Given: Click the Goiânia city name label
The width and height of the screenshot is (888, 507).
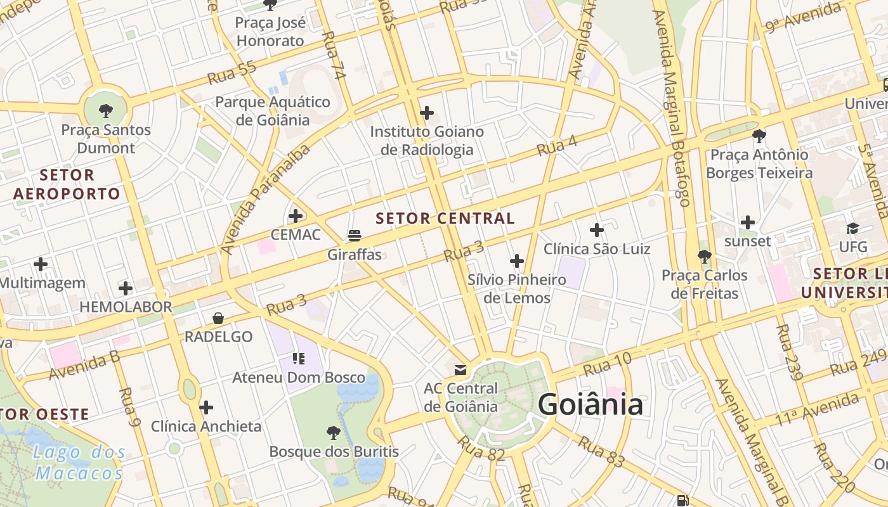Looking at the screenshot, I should point(591,404).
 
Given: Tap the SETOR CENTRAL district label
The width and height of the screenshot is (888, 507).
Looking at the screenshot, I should point(445,219).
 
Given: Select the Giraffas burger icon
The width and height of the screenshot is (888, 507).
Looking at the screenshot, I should point(355,236).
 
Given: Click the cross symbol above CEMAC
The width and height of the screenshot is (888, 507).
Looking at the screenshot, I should point(296,216).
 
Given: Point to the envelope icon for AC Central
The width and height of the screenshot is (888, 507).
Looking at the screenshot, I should point(460,369).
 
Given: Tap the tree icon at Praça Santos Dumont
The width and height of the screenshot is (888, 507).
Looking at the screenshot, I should point(106,111).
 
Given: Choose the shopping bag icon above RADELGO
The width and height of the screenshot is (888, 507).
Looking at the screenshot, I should point(218,318).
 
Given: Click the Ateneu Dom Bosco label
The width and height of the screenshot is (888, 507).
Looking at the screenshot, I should point(299,378).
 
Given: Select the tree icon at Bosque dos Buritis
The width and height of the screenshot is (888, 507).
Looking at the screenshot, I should point(334,433).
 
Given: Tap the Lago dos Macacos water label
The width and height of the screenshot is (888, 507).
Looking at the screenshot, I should point(79,463).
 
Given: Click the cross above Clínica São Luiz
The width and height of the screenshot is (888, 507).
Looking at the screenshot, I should point(597,230).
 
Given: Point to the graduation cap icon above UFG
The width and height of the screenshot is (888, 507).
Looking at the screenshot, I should point(852,228).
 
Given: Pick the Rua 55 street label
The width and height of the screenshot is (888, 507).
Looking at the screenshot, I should point(232,73).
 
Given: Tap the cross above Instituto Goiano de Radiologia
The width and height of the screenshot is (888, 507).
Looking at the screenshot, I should point(427,113).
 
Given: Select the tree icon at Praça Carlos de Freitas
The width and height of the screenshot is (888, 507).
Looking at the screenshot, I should point(704,257).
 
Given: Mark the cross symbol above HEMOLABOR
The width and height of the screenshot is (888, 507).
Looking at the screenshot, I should point(126,288).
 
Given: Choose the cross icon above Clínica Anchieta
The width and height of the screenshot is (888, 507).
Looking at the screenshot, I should point(206,407).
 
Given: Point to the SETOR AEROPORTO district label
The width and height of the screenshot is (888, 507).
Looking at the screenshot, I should point(67,184).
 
